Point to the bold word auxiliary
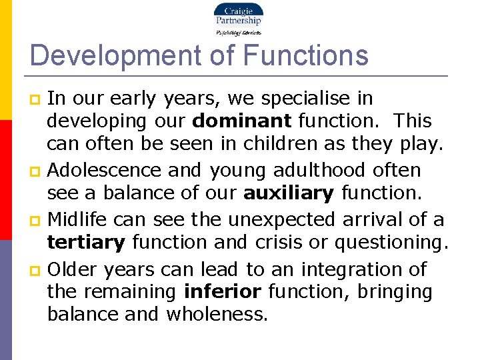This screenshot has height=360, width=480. click(x=289, y=194)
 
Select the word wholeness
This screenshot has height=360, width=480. click(x=217, y=315)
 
